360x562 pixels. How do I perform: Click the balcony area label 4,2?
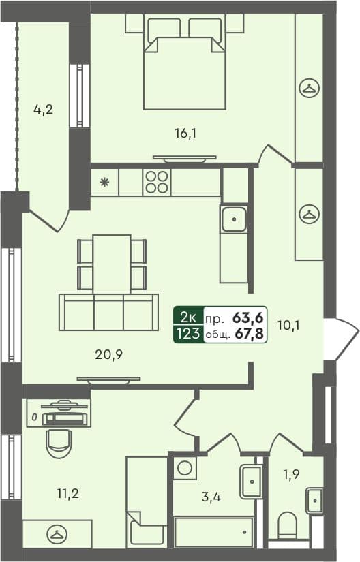[44, 108]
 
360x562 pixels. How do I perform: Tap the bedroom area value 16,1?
[185, 134]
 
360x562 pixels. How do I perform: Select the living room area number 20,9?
[110, 354]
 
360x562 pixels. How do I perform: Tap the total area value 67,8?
[250, 333]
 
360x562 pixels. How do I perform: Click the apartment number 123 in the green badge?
[189, 333]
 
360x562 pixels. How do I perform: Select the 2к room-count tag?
[189, 317]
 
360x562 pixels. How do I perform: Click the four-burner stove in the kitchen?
[156, 182]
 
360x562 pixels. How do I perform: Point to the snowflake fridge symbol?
[104, 182]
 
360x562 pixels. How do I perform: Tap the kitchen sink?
[234, 219]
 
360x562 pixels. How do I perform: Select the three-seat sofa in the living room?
[109, 313]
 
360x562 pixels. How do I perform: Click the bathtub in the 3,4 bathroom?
[213, 531]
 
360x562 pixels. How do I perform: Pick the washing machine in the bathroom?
[184, 467]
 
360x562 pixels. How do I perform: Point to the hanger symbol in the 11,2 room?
[57, 533]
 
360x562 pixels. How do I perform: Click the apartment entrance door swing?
[341, 337]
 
